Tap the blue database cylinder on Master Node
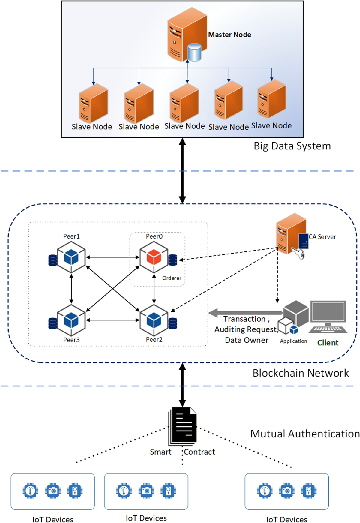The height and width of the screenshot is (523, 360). coord(194,52)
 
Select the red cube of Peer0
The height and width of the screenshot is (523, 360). coord(154,257)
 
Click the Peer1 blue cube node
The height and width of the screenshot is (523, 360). coord(71,257)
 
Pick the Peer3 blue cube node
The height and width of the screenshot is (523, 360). coord(71,320)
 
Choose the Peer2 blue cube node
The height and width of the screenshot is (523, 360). coord(154,320)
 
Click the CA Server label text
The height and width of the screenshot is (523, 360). coord(322,237)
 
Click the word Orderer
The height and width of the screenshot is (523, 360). coord(172,278)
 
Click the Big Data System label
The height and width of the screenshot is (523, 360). coord(292,146)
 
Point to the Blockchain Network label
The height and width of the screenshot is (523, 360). coord(301,373)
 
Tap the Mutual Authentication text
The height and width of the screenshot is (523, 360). coord(305,434)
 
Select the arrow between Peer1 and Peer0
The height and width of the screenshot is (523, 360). coord(113,257)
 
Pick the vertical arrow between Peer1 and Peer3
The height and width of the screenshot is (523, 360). coord(71,289)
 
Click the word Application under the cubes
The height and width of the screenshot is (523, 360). coord(293,341)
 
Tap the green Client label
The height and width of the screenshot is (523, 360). coord(328,343)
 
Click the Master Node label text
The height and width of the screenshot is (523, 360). coord(229,35)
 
